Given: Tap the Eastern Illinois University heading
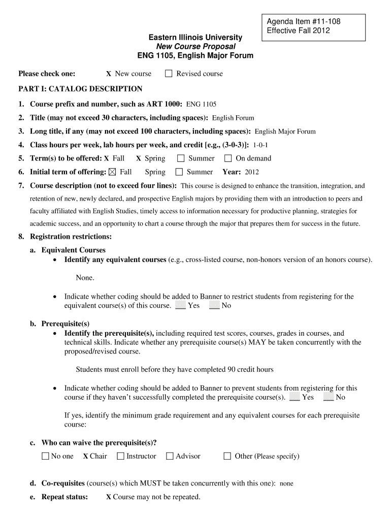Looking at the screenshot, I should pos(195,38).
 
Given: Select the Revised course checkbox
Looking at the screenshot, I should pos(169,74).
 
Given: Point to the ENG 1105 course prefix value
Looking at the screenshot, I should pos(201,105).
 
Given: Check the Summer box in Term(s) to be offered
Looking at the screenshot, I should pos(181,158).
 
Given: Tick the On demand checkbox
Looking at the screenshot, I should pos(228,158).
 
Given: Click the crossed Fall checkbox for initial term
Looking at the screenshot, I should pos(112,172).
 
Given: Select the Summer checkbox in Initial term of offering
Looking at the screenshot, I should pos(179,172).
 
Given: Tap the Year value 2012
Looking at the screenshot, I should pos(252,173).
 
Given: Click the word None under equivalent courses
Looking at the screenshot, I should pos(85,278).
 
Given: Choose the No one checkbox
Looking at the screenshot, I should pos(46,456).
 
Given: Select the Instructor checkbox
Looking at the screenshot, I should pos(120,456).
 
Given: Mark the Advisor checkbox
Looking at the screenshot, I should pos(170,456).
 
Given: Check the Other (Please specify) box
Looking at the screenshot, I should pos(227,456).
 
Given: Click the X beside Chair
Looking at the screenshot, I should pos(85,457).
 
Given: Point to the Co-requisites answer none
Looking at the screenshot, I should pos(286,484).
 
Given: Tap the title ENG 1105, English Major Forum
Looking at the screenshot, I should pos(195,55).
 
